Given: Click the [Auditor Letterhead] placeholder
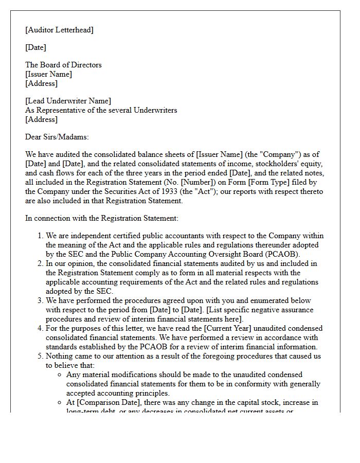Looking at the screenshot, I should point(59,30).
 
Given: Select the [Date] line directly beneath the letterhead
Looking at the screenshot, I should point(35,47).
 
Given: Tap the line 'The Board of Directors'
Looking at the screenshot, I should point(63,65).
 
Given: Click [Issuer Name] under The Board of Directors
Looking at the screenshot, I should point(48,74).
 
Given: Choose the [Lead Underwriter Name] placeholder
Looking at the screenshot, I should point(68,101).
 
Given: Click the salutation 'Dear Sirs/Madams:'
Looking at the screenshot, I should point(57,137).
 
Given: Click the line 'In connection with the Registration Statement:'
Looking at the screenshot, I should point(102,218).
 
